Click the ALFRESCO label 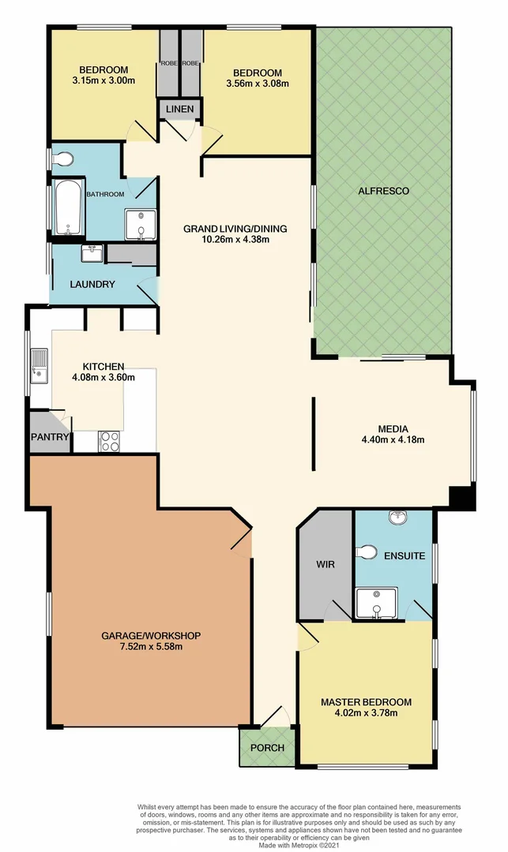(383, 191)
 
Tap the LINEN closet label (180, 108)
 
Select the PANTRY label (50, 436)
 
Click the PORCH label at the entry (266, 748)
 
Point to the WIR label (325, 565)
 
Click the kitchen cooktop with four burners (108, 442)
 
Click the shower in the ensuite (371, 603)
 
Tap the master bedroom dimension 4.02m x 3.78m (365, 714)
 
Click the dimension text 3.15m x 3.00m (103, 80)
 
